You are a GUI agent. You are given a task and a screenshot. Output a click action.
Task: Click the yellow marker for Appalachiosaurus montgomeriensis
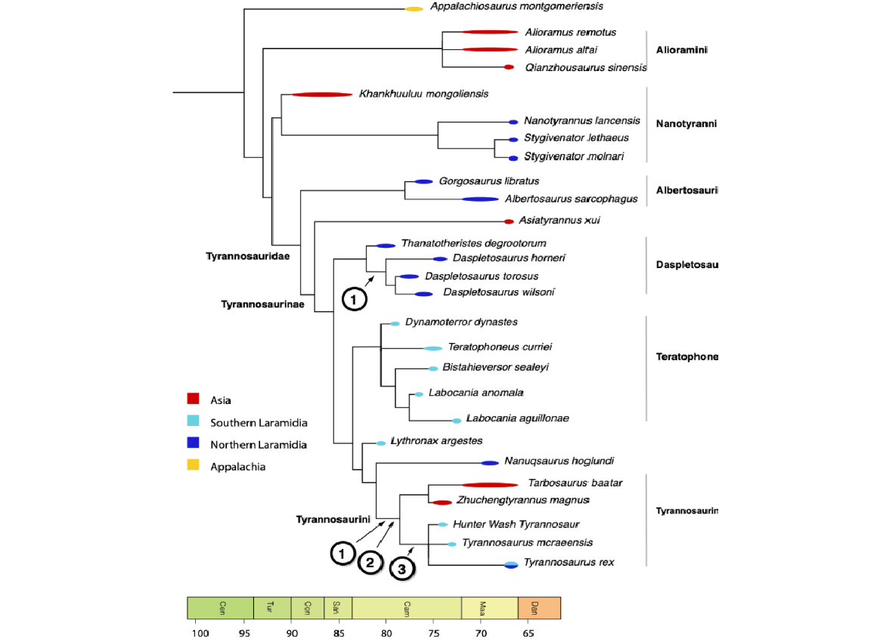click(414, 8)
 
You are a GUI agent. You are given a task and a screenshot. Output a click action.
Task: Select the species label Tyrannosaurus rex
click(569, 562)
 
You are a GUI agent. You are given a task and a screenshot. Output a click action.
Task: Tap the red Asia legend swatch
click(194, 400)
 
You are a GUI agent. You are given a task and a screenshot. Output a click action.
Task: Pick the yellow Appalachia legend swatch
click(194, 466)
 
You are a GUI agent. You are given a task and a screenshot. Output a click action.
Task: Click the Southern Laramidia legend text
click(259, 422)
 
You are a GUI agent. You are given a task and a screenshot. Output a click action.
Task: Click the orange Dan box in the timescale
click(539, 607)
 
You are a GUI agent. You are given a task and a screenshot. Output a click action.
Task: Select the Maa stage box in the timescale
click(489, 607)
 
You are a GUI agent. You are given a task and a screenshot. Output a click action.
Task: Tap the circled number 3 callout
click(402, 569)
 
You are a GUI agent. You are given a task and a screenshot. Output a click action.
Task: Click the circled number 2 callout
click(370, 561)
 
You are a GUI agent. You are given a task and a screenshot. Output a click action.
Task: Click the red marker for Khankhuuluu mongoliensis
click(322, 94)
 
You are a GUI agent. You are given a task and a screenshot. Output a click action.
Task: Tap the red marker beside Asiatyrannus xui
click(509, 221)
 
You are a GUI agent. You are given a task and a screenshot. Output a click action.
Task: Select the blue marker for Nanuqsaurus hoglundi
click(490, 462)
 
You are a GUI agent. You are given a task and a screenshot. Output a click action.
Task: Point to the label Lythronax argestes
click(436, 440)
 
